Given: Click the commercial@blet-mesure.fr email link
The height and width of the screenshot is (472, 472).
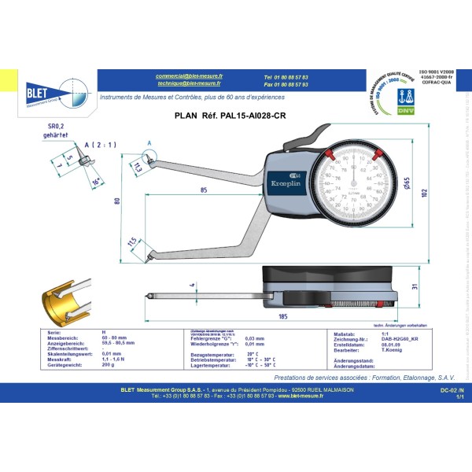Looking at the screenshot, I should tap(189, 76).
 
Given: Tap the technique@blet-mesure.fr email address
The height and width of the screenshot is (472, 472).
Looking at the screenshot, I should tap(189, 83).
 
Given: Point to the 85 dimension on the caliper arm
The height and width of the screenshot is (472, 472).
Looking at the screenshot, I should tap(204, 190).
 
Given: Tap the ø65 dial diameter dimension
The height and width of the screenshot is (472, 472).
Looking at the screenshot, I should tap(408, 183).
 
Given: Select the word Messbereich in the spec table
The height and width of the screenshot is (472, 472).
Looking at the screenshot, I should tap(62, 337).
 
